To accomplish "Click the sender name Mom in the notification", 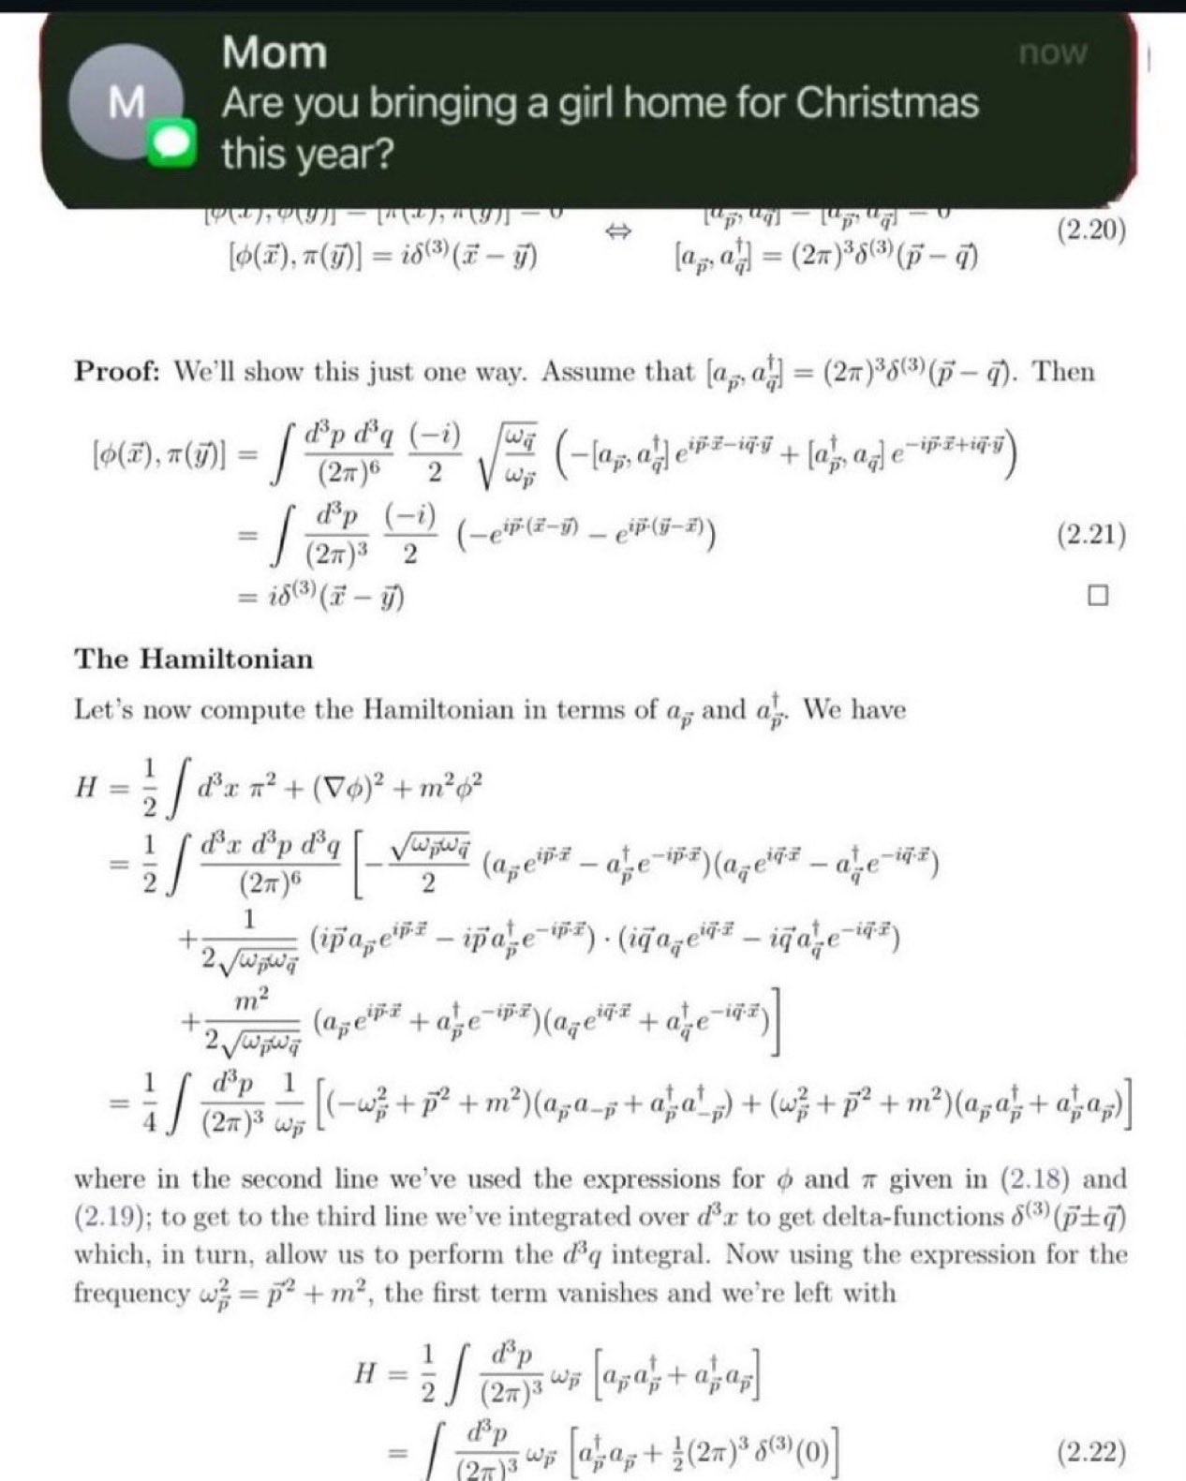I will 274,52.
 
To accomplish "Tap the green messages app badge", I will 172,143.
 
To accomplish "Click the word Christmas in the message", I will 887,103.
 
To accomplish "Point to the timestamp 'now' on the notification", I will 1053,52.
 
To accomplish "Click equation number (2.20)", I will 1090,230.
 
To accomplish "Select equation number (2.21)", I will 1090,535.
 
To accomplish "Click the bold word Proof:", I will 117,372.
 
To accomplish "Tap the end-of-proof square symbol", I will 1097,596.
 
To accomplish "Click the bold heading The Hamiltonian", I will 194,659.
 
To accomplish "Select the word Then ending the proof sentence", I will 1065,372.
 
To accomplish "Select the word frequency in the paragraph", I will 131,1294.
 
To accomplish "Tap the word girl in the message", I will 582,103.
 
